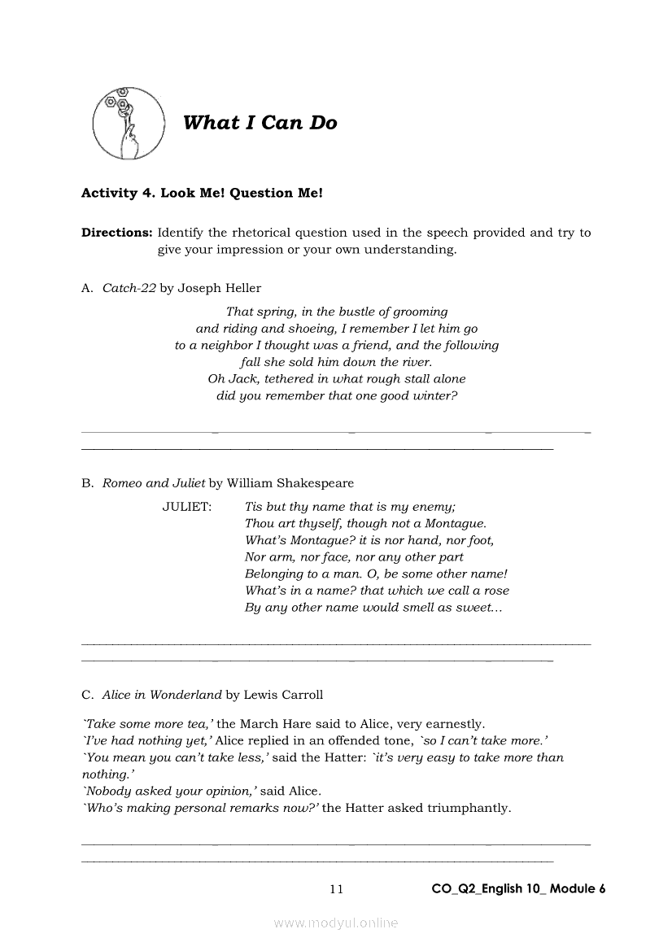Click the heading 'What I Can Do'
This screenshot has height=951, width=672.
pyautogui.click(x=260, y=123)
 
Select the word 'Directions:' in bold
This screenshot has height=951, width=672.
pyautogui.click(x=116, y=233)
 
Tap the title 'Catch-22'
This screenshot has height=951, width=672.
pyautogui.click(x=129, y=288)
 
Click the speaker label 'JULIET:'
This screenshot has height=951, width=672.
pyautogui.click(x=186, y=507)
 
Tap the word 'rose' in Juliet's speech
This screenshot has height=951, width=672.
pyautogui.click(x=495, y=591)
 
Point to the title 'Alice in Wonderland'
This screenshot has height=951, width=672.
pyautogui.click(x=162, y=695)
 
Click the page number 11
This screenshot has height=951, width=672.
pyautogui.click(x=336, y=889)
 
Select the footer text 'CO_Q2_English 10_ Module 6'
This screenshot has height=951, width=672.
pyautogui.click(x=518, y=888)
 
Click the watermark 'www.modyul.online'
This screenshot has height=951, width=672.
pyautogui.click(x=336, y=923)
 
